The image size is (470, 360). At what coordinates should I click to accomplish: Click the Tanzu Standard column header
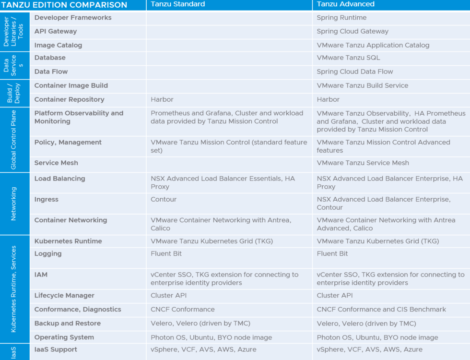click(x=178, y=4)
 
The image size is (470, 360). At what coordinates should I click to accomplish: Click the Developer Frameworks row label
click(x=73, y=18)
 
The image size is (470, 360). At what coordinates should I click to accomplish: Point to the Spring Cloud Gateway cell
click(x=352, y=32)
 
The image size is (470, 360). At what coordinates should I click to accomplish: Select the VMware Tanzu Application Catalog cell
click(x=373, y=46)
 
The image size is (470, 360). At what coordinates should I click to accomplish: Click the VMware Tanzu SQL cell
click(x=348, y=58)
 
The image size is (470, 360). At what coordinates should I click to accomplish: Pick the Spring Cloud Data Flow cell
click(x=355, y=72)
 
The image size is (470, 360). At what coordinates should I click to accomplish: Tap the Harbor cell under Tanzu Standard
click(x=162, y=100)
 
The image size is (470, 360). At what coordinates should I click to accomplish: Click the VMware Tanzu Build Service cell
click(x=363, y=86)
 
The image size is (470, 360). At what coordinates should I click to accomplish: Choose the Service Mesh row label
click(x=56, y=163)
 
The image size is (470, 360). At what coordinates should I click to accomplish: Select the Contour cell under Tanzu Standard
click(x=164, y=200)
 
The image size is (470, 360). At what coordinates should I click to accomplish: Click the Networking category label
click(x=13, y=204)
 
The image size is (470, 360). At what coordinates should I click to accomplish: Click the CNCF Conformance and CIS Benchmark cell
click(x=381, y=310)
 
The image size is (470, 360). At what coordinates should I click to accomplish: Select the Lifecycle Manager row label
click(x=64, y=296)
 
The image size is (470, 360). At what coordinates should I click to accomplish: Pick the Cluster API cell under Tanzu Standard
click(x=169, y=296)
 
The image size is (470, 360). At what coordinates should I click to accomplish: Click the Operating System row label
click(x=64, y=337)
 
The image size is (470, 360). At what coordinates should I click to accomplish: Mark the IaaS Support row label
click(x=56, y=350)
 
